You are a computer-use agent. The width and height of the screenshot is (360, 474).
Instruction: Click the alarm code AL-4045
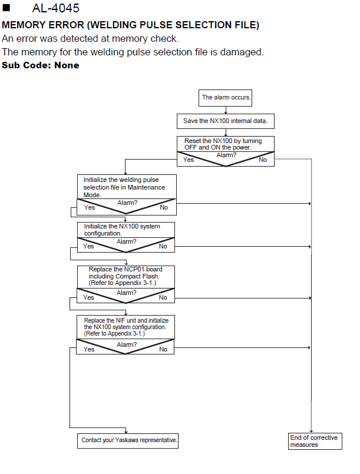[x=55, y=8]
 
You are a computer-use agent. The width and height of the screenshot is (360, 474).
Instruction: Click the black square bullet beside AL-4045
[x=6, y=7]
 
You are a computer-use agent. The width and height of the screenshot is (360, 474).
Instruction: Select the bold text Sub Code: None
[x=41, y=65]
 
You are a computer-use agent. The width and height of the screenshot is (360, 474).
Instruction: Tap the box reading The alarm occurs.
[x=226, y=98]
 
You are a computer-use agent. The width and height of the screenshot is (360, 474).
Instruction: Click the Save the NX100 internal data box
[x=226, y=121]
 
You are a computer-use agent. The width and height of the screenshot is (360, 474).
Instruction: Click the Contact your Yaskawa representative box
[x=128, y=440]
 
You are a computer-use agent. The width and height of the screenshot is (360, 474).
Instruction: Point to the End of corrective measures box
[x=315, y=441]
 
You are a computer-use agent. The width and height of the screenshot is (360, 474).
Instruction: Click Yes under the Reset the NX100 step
[x=188, y=160]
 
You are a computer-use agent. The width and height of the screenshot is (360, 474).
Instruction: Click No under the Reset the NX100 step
[x=263, y=160]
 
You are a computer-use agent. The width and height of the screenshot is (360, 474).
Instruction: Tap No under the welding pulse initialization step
[x=164, y=208]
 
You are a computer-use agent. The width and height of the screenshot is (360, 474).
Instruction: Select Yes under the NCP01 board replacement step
[x=88, y=298]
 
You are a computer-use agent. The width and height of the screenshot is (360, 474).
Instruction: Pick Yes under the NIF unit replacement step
[x=88, y=349]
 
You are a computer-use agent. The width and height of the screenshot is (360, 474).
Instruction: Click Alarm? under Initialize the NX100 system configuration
[x=127, y=242]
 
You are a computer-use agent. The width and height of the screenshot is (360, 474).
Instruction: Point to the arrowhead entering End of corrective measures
[x=311, y=432]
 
